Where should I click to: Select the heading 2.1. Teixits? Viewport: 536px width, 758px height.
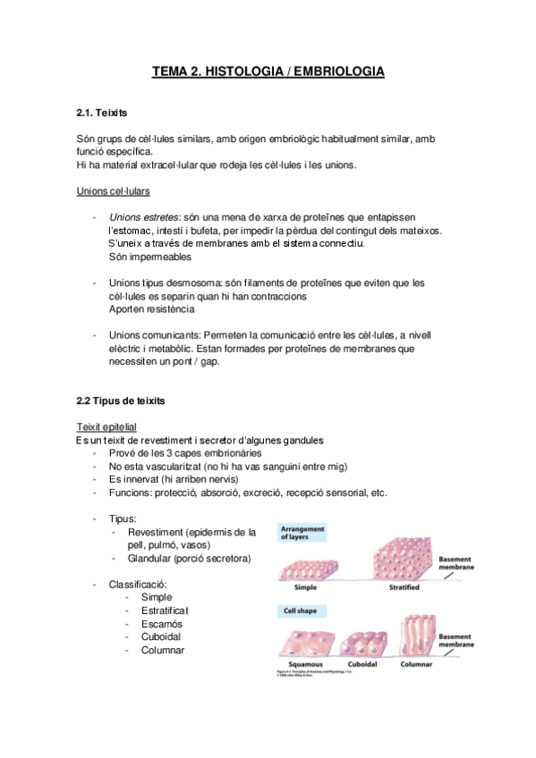[104, 114]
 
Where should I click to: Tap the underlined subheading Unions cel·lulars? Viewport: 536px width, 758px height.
[114, 190]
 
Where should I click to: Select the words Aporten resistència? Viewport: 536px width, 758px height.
[156, 308]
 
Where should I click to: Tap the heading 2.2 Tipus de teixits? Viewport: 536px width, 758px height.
[121, 400]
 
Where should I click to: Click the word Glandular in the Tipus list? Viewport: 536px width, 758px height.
[152, 558]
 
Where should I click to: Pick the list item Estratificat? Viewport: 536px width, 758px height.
[165, 610]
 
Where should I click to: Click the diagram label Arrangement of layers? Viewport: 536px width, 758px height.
[305, 533]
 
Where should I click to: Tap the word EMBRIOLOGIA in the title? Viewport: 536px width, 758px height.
[341, 71]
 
